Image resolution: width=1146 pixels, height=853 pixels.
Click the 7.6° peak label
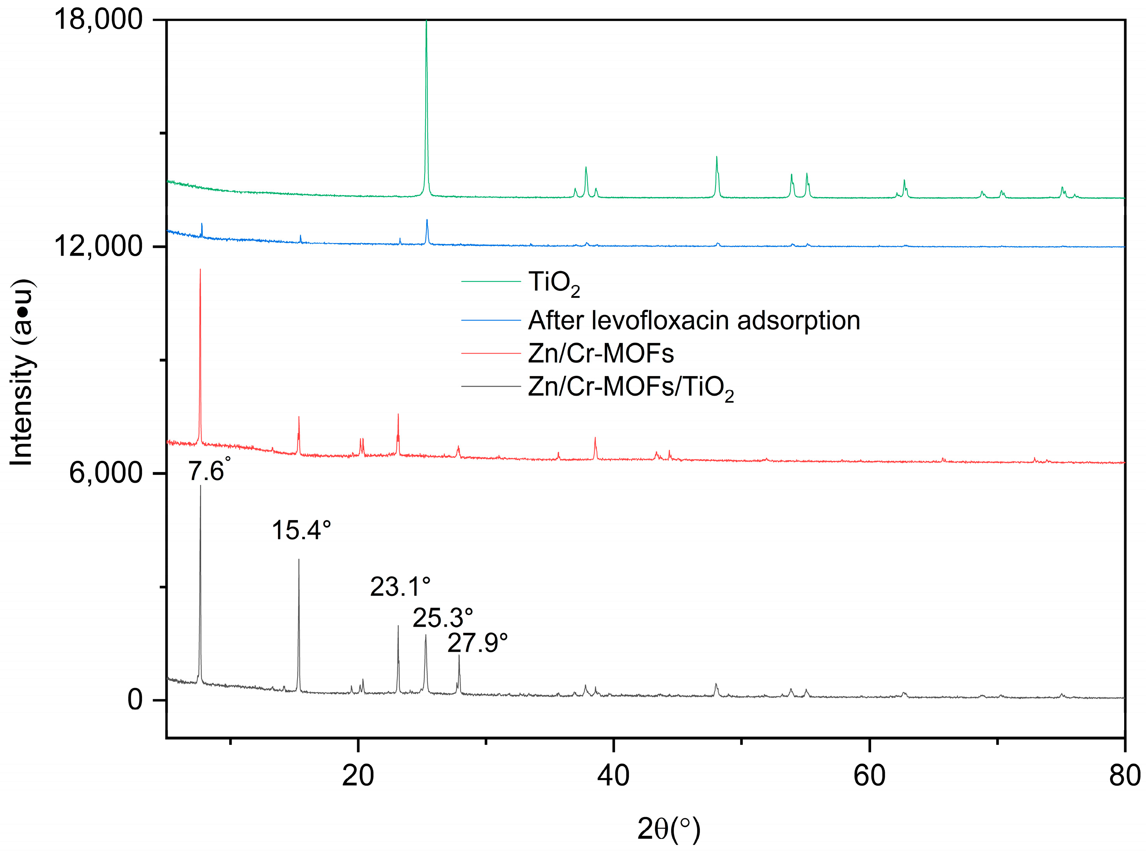pos(208,471)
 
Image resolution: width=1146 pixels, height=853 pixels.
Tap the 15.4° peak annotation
pos(301,530)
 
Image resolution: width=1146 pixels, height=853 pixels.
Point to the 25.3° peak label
pos(443,618)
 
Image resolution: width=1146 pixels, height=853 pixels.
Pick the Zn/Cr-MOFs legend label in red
pos(600,354)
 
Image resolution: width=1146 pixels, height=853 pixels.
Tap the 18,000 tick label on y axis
pos(98,20)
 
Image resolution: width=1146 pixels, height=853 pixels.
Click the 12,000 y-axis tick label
pos(98,246)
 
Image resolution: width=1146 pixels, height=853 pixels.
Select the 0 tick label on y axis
pos(135,700)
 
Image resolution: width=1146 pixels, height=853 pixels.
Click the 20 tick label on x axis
pos(358,776)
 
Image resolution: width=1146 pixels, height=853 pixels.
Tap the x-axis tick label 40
pos(613,776)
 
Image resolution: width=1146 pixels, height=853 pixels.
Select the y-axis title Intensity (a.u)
pos(22,372)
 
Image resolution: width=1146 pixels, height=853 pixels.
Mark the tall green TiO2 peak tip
pos(426,22)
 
